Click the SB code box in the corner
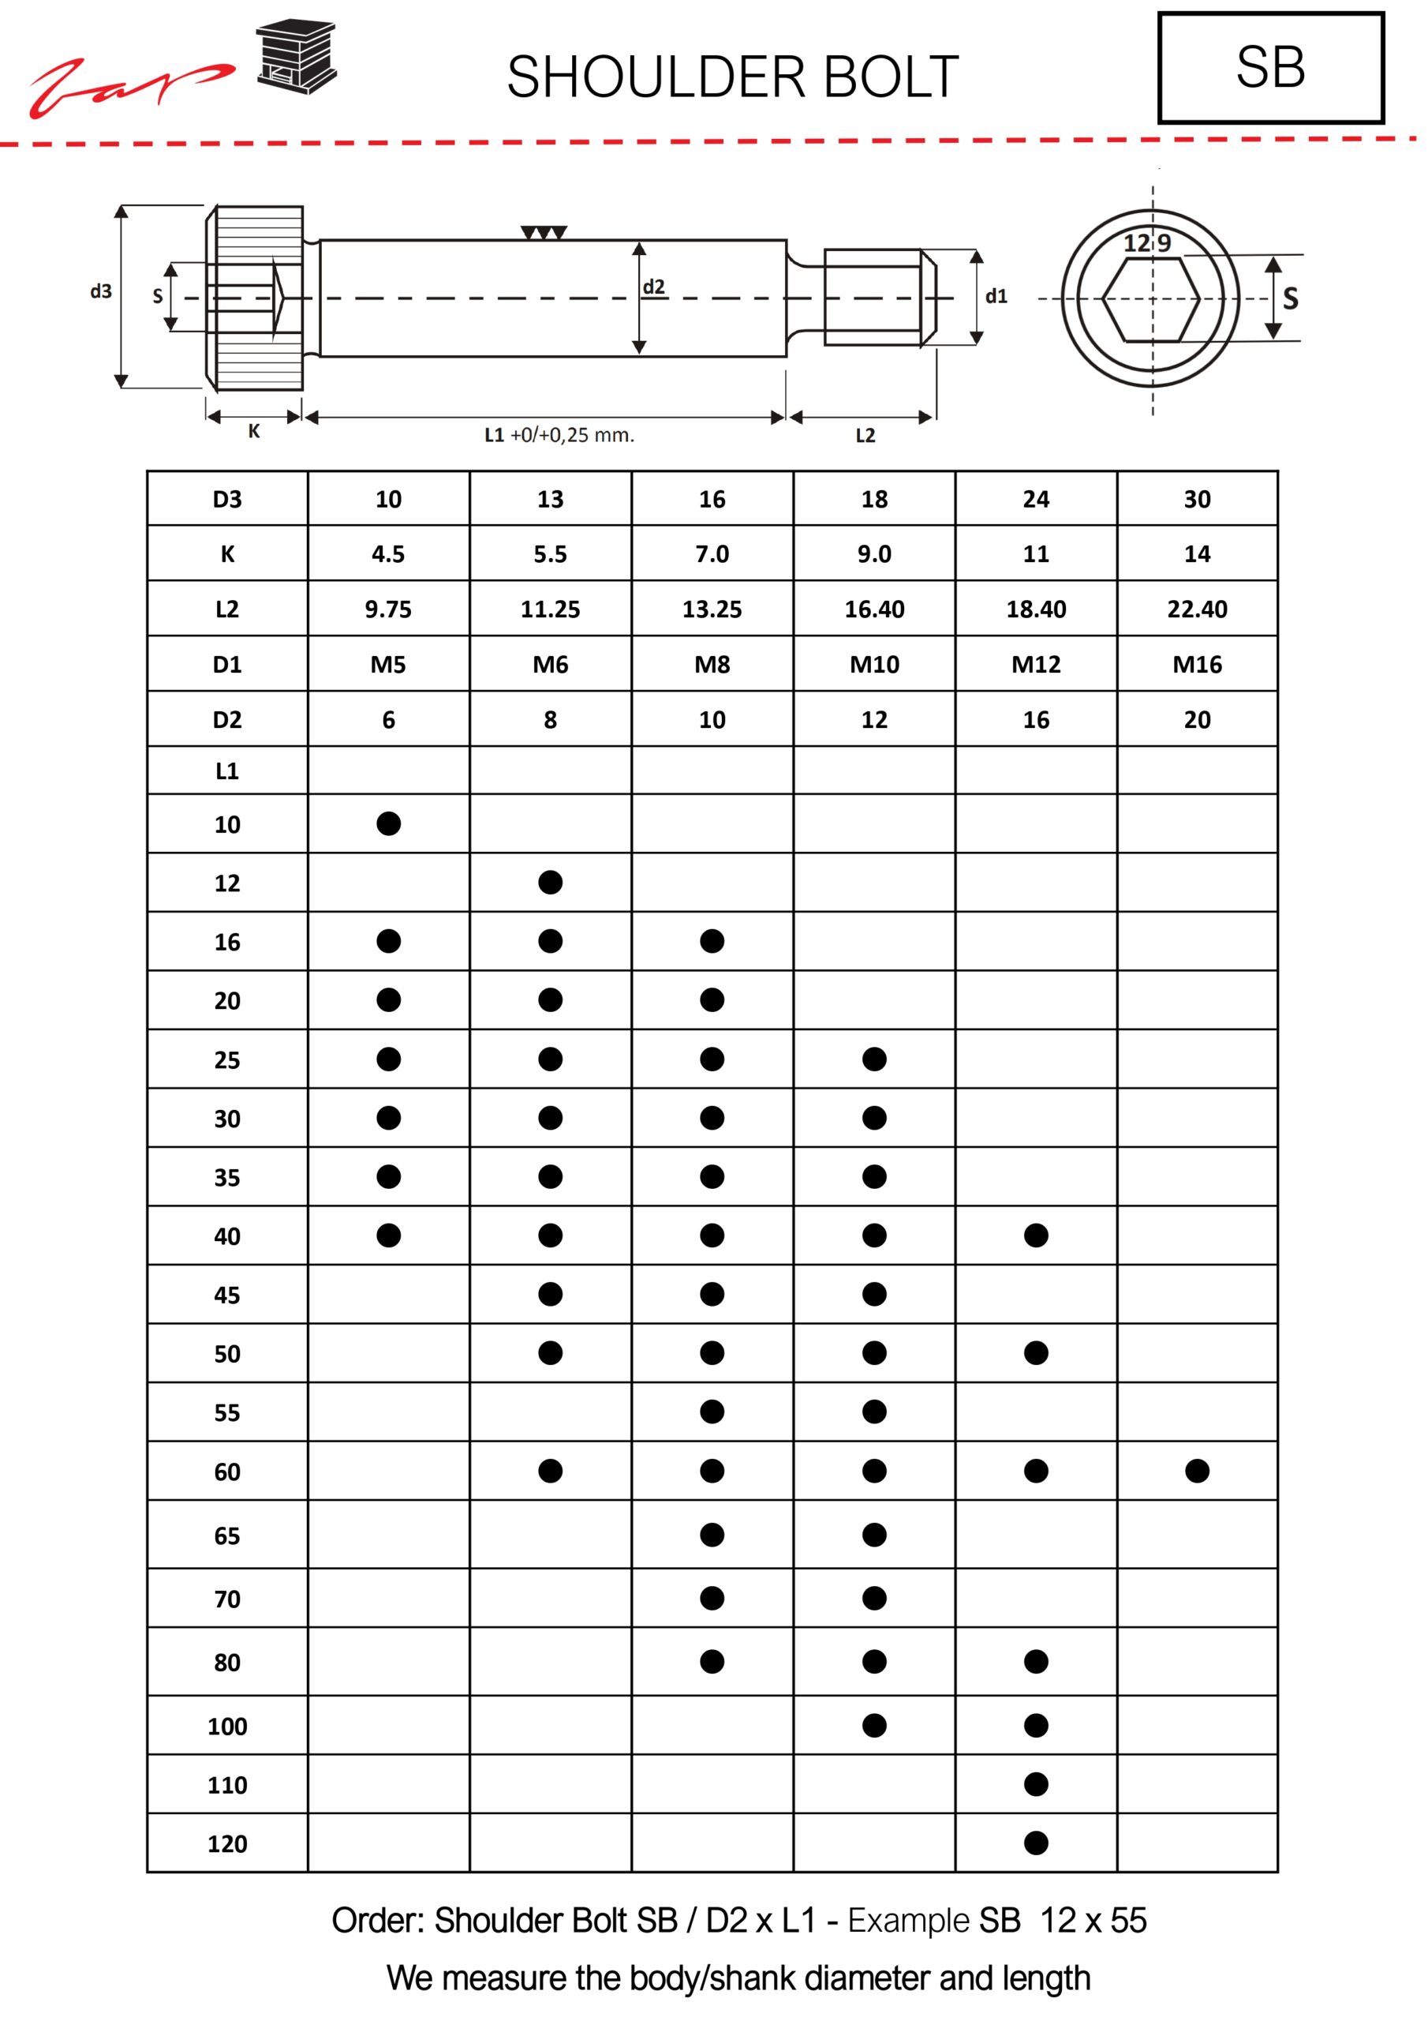coord(1269,68)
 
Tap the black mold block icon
coord(297,55)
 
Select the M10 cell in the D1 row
coord(873,665)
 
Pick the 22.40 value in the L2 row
coord(1197,609)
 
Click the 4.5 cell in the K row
coord(388,553)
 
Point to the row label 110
coord(227,1785)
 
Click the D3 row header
coord(227,499)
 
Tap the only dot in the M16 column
coord(1197,1471)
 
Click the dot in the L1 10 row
coord(388,824)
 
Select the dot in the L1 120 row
coord(1036,1843)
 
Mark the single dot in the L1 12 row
coord(550,883)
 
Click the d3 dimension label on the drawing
coord(101,291)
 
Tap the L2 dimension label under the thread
coord(865,436)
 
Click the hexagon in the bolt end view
coord(1151,299)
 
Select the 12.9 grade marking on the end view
coord(1147,243)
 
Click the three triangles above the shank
coord(544,233)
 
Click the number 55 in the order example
coord(1128,1921)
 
